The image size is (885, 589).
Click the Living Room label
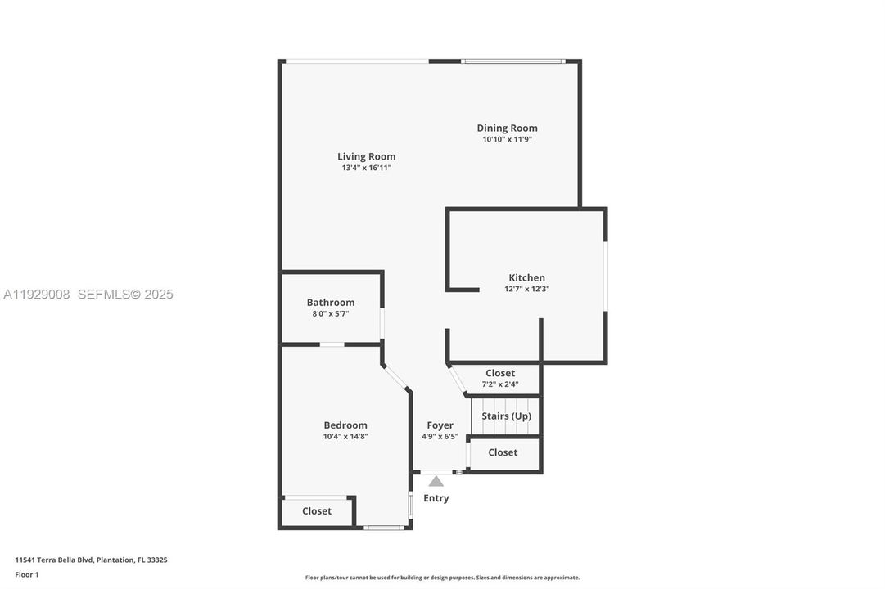(x=366, y=156)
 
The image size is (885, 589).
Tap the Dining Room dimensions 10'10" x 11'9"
(x=507, y=139)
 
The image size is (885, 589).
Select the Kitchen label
(x=526, y=277)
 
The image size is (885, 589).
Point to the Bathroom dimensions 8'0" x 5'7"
(x=331, y=313)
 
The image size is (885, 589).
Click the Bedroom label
(x=345, y=425)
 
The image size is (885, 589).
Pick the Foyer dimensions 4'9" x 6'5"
(x=440, y=436)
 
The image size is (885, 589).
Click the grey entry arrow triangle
(x=436, y=481)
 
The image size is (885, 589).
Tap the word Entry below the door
(x=436, y=498)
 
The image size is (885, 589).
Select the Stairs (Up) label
(x=506, y=416)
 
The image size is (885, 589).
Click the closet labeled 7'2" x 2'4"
(x=500, y=378)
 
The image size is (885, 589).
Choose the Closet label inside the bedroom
(x=316, y=510)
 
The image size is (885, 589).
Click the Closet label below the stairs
(x=503, y=452)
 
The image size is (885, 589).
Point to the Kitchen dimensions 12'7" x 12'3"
(x=526, y=289)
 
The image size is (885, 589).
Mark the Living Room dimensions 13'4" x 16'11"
(x=366, y=168)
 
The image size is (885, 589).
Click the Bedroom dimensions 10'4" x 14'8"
(x=345, y=436)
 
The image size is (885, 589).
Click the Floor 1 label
(x=26, y=574)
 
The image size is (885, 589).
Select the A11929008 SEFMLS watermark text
(x=88, y=294)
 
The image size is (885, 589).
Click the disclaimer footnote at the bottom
(x=442, y=578)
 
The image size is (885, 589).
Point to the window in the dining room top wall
(x=512, y=61)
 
